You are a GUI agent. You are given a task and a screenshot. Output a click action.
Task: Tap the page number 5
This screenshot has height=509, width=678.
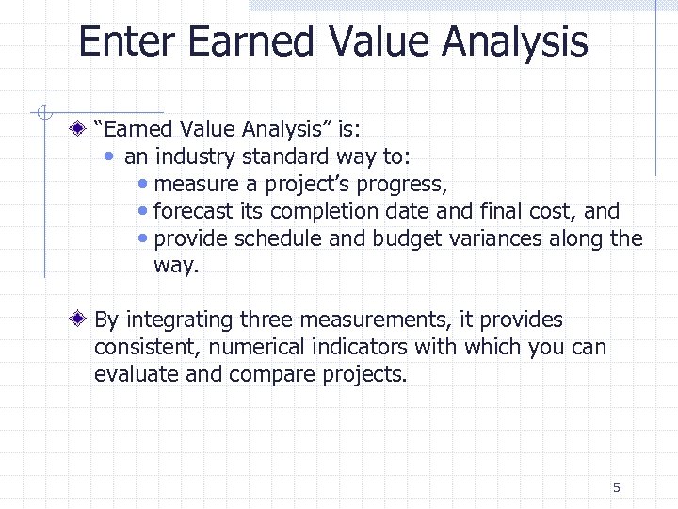point(617,487)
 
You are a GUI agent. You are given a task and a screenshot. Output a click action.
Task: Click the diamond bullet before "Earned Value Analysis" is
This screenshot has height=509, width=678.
point(83,129)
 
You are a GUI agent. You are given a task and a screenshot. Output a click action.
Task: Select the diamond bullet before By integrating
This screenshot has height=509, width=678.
point(83,320)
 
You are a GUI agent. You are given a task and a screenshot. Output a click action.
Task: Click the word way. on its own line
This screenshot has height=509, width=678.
point(176,266)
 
